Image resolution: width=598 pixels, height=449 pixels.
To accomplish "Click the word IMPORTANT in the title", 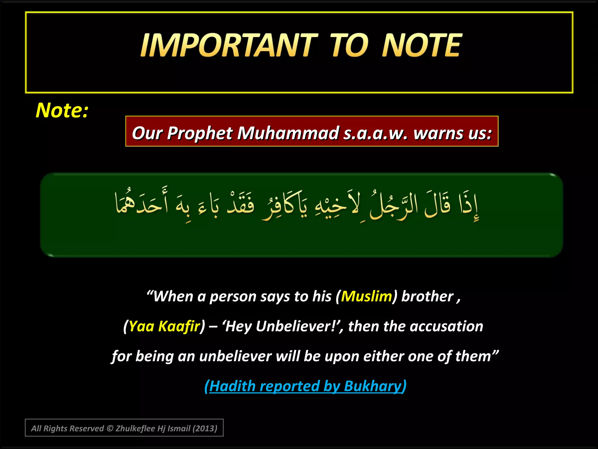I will coord(229,45).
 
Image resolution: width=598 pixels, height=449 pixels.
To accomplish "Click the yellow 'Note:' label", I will coord(62,110).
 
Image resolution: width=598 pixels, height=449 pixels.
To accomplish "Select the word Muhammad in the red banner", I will coord(288,133).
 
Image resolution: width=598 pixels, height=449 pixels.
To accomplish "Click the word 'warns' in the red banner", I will coord(438,133).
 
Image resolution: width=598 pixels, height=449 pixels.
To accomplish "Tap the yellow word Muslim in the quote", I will coord(366,296).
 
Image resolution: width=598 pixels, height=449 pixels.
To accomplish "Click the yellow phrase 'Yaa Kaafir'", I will coord(164,326).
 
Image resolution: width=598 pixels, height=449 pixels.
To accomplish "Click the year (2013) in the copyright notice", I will coord(205,429).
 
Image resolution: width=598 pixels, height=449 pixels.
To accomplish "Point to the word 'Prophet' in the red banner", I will coord(200,133).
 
